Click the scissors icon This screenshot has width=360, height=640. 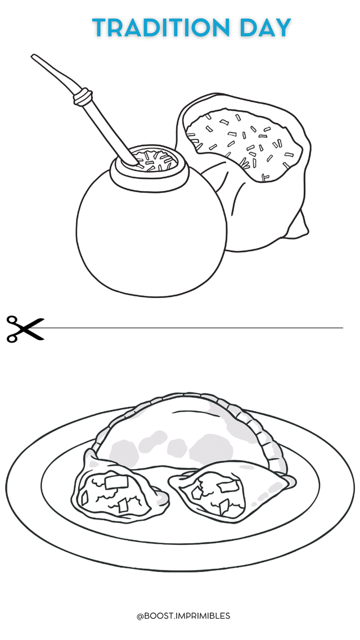(x=25, y=328)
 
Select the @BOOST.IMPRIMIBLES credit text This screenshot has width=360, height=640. (x=183, y=615)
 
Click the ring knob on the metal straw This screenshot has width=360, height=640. (x=82, y=96)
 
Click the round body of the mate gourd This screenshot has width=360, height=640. (x=151, y=237)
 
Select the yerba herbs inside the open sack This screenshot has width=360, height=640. (x=245, y=143)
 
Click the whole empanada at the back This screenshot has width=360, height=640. (x=188, y=432)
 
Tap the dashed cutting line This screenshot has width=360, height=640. (x=192, y=328)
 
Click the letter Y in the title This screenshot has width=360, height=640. (x=282, y=28)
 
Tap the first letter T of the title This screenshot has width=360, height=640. (x=101, y=28)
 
